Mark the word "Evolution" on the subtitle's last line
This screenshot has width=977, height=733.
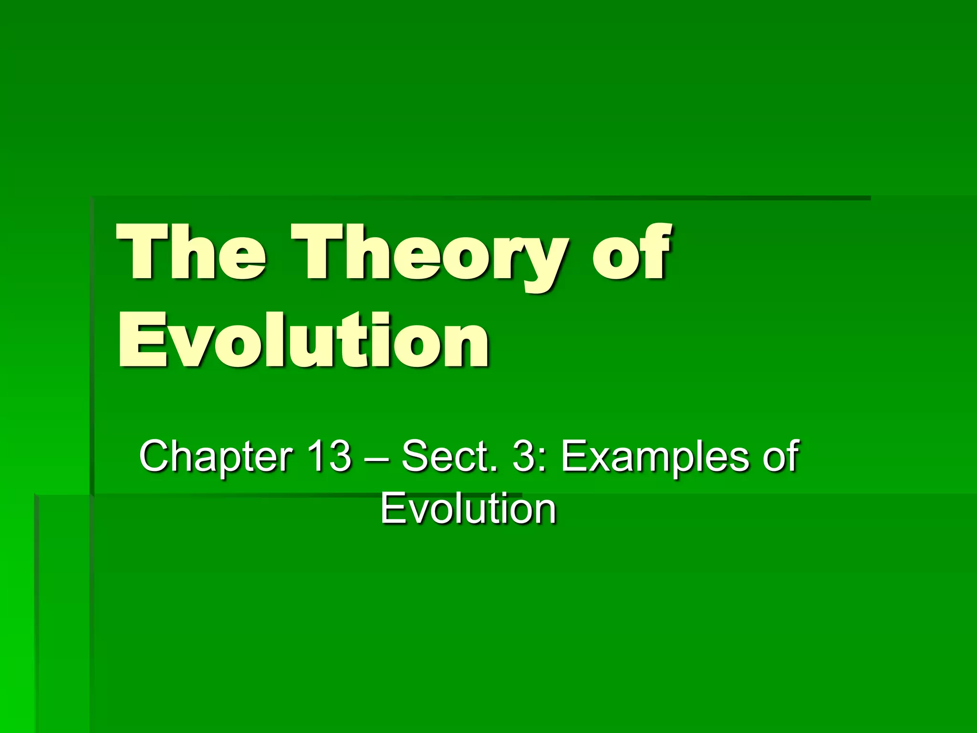point(468,509)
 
